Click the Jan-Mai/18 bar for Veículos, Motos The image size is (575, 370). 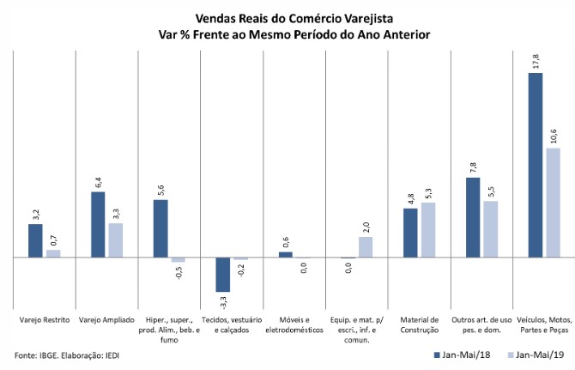click(535, 165)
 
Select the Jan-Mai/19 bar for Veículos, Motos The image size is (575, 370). click(553, 203)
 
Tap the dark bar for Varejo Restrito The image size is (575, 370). click(35, 240)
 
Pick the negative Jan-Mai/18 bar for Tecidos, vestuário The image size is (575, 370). click(222, 275)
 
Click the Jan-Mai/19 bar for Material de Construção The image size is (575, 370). click(427, 230)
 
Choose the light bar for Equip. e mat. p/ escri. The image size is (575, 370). click(366, 247)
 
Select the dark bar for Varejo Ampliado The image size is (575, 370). click(98, 224)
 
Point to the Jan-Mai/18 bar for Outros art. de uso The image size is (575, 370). click(473, 217)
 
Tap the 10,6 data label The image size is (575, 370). click(554, 135)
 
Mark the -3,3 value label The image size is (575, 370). click(223, 302)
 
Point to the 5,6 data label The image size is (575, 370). click(160, 190)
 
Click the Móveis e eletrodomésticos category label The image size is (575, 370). click(294, 325)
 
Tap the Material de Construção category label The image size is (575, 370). click(420, 325)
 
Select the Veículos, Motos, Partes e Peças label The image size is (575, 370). click(544, 325)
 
